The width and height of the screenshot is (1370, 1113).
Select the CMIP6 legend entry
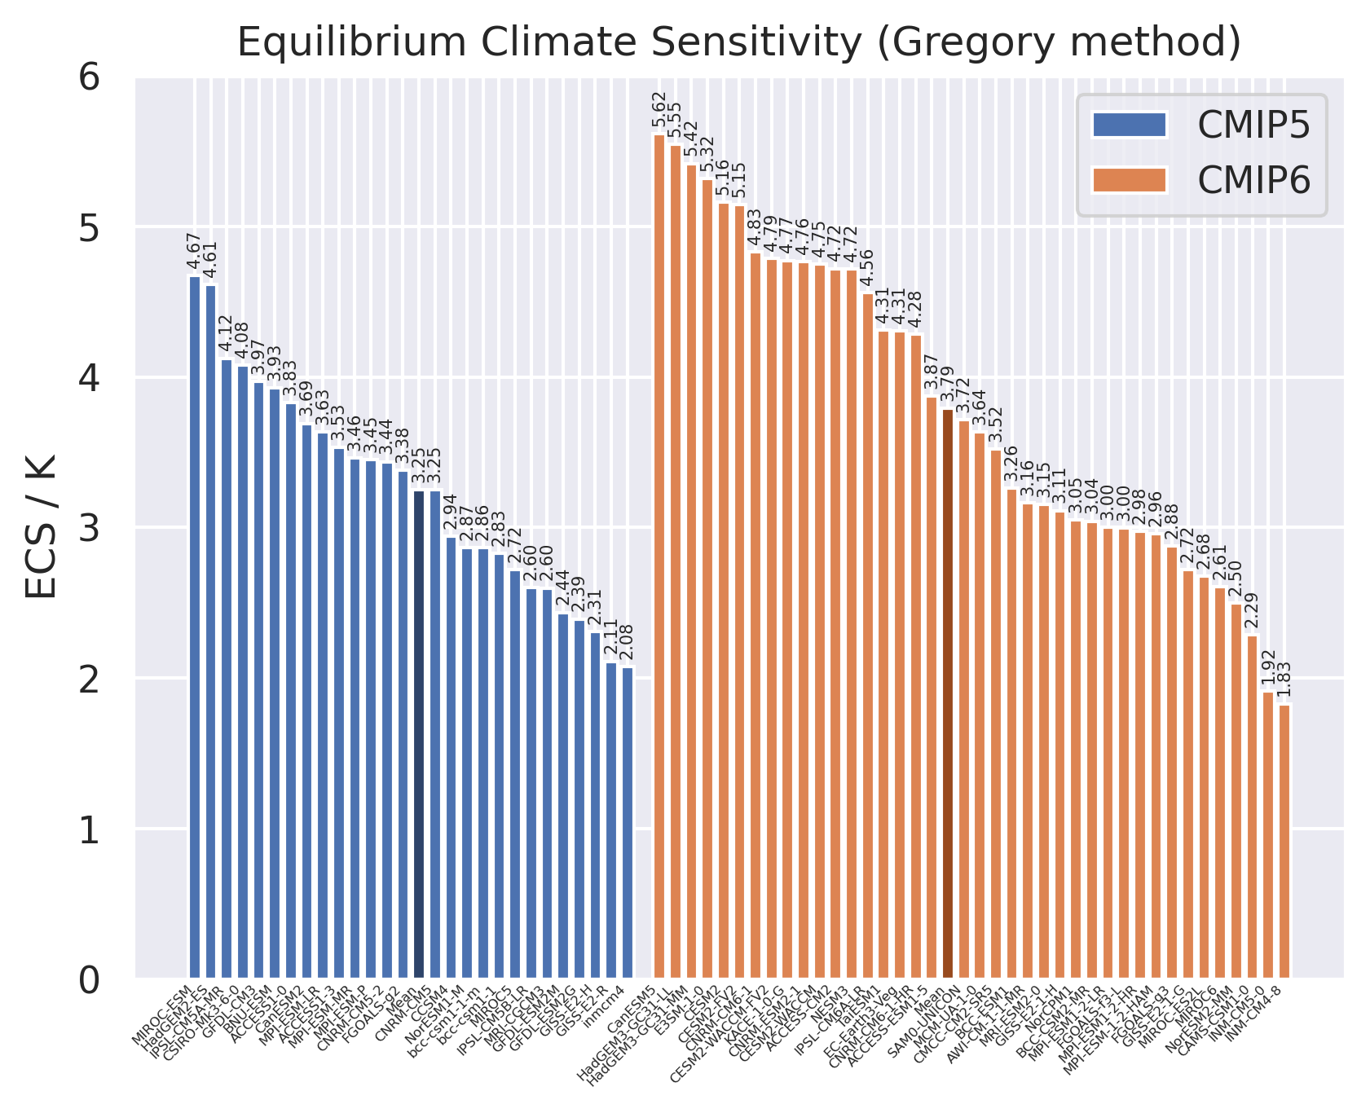(x=1202, y=180)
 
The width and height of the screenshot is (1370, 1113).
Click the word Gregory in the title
(x=966, y=42)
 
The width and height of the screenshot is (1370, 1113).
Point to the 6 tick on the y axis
(x=89, y=78)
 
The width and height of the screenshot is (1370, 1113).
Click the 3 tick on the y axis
(x=89, y=528)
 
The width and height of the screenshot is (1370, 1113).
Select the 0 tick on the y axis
(x=89, y=979)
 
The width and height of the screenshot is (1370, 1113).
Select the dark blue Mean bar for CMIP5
(x=419, y=733)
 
